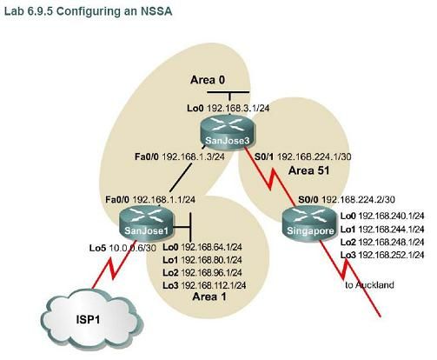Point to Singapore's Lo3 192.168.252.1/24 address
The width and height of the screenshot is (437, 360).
pyautogui.click(x=381, y=254)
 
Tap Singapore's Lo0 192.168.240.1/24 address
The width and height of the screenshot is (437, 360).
pyautogui.click(x=381, y=216)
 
